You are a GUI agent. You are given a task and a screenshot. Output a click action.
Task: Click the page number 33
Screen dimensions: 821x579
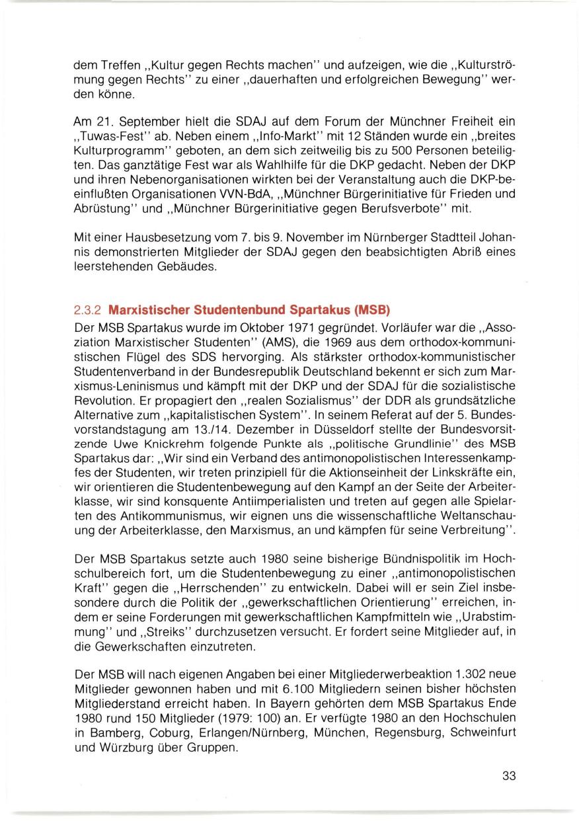508,776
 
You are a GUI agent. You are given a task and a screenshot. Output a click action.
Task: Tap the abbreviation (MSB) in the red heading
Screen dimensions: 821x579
360,309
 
